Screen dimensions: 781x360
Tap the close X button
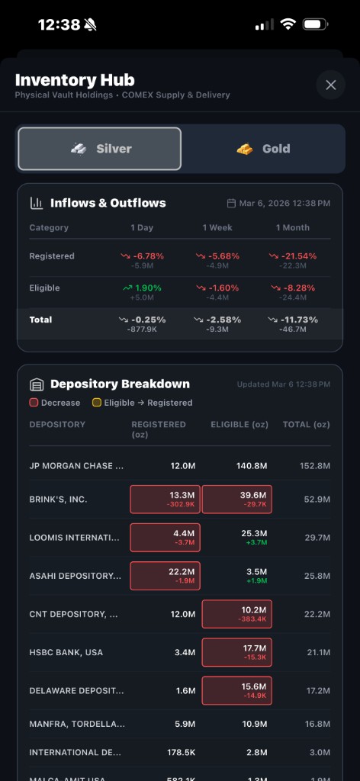[x=330, y=85]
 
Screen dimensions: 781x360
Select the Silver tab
[x=100, y=149]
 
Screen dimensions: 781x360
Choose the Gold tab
[x=263, y=149]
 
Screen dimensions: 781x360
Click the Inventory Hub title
[x=75, y=80]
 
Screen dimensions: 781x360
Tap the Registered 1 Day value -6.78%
[x=142, y=256]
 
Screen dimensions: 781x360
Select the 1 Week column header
[x=217, y=228]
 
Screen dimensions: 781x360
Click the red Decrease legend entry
[x=55, y=403]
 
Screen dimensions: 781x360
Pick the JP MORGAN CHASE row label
[x=76, y=466]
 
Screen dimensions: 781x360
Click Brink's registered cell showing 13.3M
[x=166, y=499]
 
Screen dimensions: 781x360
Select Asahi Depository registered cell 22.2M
[x=166, y=576]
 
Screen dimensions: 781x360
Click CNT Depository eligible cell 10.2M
[x=236, y=614]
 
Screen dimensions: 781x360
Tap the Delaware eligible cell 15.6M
[x=236, y=690]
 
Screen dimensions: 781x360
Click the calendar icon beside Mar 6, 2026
[x=232, y=204]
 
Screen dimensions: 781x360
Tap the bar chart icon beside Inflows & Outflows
[x=36, y=203]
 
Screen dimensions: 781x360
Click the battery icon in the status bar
[x=315, y=24]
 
